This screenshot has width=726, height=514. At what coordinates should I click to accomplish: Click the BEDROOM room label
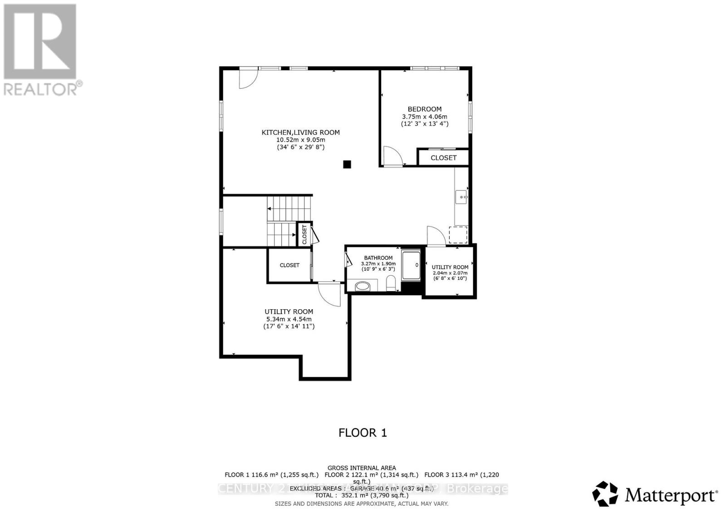(424, 109)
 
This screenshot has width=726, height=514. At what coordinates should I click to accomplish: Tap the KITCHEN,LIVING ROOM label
(300, 133)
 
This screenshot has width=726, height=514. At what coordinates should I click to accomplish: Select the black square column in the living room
(347, 165)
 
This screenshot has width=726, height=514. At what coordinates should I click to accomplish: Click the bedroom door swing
(392, 156)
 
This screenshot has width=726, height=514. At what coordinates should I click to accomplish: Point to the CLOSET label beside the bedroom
(443, 158)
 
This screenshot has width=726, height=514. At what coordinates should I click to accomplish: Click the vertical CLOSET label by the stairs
(304, 234)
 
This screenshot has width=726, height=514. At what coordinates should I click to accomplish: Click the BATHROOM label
(378, 258)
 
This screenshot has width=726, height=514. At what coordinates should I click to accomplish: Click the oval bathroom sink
(363, 286)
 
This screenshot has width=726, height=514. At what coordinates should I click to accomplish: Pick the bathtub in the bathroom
(412, 264)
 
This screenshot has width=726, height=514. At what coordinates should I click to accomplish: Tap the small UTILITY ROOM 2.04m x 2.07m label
(450, 267)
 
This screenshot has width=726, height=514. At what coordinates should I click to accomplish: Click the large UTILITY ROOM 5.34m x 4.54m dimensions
(289, 319)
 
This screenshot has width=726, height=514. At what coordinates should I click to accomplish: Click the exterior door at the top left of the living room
(248, 77)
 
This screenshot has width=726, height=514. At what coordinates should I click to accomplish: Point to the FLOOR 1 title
(363, 433)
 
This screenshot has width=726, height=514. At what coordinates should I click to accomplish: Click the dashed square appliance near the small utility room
(458, 235)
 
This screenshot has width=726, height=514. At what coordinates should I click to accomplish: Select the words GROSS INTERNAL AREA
(362, 468)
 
